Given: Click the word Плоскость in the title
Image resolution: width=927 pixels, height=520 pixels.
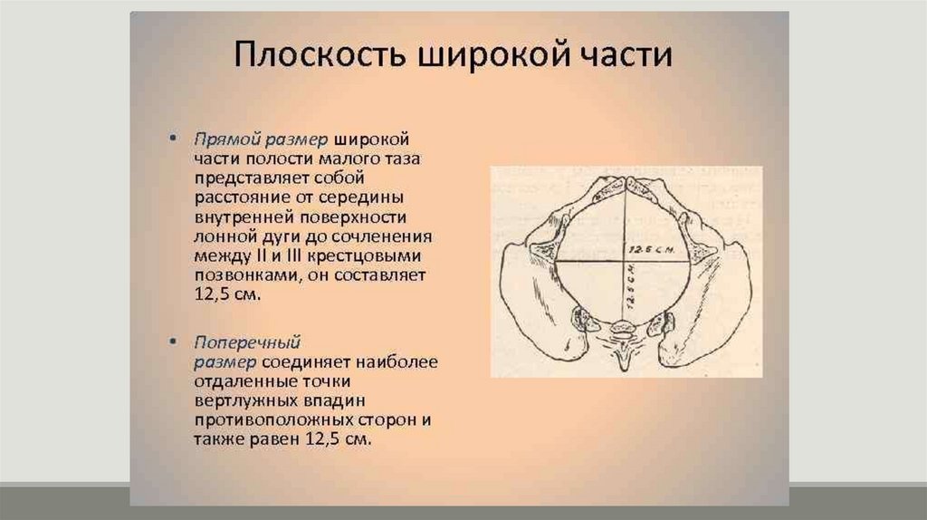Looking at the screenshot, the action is [x=320, y=54].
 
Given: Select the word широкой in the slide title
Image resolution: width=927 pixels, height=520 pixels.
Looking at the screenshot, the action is [x=493, y=55].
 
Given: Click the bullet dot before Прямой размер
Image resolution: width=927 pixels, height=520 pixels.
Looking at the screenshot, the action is [x=173, y=139].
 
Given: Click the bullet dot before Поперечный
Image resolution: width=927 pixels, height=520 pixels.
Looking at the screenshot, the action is [x=173, y=342].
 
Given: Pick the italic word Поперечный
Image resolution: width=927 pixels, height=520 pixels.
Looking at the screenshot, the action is [x=247, y=342].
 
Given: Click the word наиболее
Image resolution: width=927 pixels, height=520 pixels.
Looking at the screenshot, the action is [x=397, y=362].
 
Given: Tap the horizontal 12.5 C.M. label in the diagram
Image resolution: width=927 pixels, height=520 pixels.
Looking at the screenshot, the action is [x=651, y=249].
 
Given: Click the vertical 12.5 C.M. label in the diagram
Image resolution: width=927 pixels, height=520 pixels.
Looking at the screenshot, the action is [x=631, y=290].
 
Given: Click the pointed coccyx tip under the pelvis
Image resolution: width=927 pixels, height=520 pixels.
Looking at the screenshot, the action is [x=625, y=369].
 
